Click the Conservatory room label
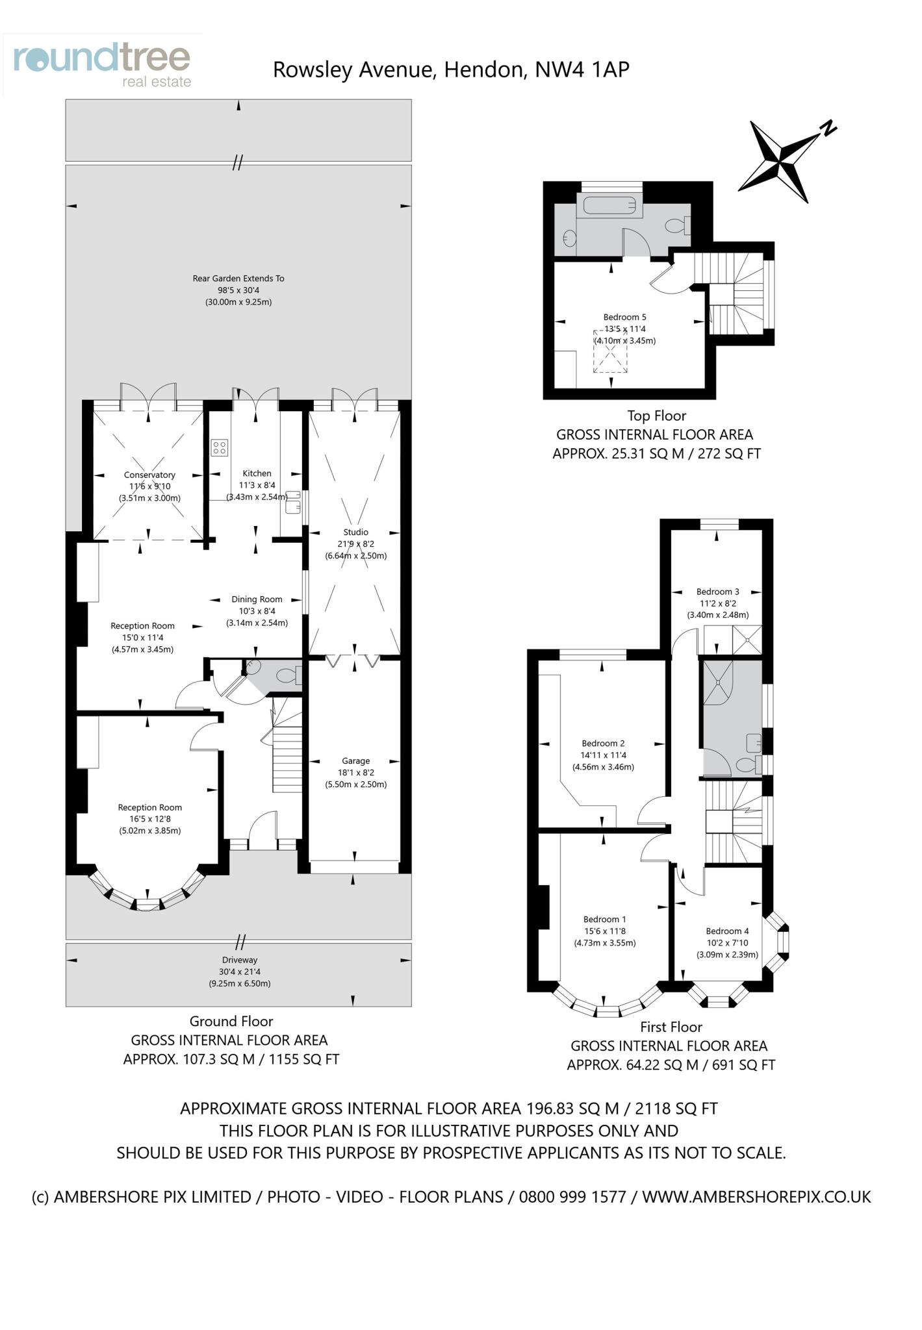point(149,475)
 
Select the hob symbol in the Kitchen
point(220,447)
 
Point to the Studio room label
point(355,532)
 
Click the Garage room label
point(355,760)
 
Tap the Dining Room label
point(257,599)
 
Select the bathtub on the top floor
point(609,206)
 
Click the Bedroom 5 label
point(624,317)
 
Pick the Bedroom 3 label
point(717,592)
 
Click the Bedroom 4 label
point(727,931)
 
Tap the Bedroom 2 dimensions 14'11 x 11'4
point(603,755)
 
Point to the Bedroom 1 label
point(604,919)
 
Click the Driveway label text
point(240,960)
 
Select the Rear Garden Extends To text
point(238,279)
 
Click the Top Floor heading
point(656,416)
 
